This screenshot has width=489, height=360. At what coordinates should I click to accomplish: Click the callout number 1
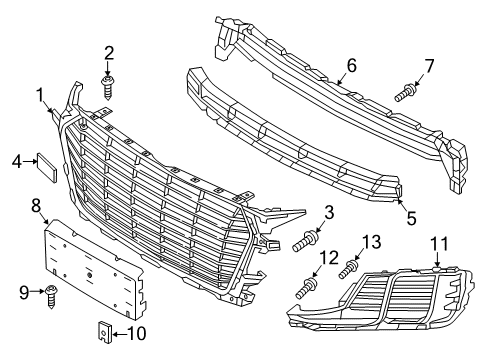(x=40, y=95)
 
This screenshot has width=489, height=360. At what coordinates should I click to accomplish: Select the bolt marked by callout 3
(x=306, y=241)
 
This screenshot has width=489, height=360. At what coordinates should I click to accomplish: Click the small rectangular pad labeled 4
(x=47, y=168)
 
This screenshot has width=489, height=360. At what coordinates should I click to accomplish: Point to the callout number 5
(x=411, y=218)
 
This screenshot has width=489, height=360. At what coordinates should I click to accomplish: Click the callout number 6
(x=351, y=65)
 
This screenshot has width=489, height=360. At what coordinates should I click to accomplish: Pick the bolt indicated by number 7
(x=405, y=93)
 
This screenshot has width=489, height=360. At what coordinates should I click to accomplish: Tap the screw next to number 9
(x=51, y=296)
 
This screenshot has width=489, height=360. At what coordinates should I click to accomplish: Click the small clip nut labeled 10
(x=104, y=332)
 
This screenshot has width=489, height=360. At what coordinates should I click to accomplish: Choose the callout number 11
(x=439, y=244)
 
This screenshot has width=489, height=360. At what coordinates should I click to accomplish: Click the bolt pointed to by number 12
(x=307, y=288)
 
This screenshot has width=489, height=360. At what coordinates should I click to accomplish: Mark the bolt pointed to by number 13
(x=349, y=269)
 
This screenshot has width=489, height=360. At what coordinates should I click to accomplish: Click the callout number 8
(x=36, y=206)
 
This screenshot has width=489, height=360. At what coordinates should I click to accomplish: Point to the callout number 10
(x=136, y=333)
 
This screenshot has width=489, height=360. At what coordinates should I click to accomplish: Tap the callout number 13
(x=371, y=242)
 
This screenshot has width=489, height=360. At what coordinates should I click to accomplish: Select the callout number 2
(x=109, y=53)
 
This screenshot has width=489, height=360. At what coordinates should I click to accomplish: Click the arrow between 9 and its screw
(x=37, y=292)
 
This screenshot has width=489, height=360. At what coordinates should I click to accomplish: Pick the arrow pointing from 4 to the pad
(x=30, y=161)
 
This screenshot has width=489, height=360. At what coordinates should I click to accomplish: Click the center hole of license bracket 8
(x=89, y=275)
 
